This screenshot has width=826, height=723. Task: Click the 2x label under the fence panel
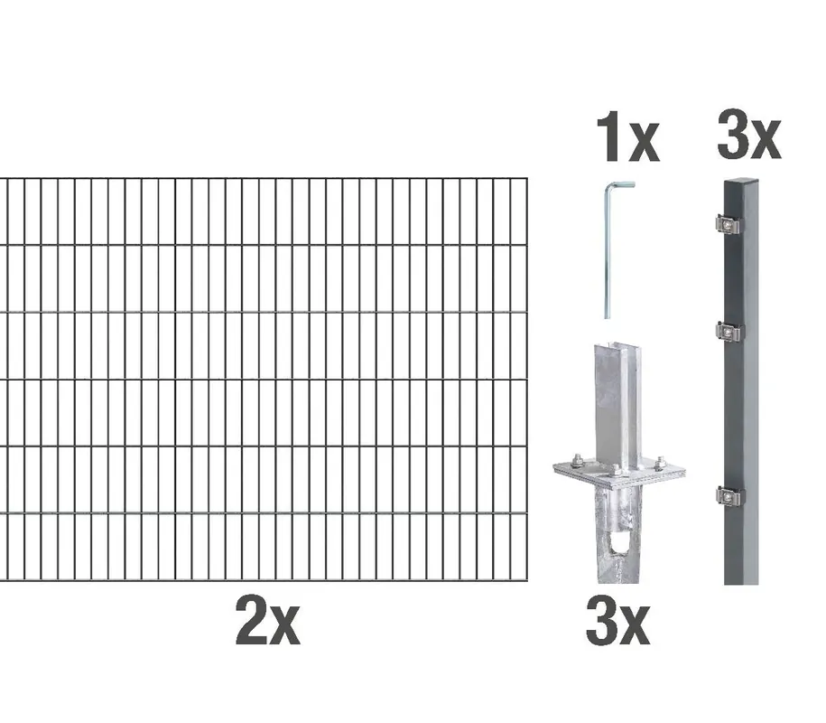point(267,620)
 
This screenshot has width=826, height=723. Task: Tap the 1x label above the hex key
point(628,136)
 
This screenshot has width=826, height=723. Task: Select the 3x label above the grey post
point(749,134)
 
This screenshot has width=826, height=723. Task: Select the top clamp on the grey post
point(729,225)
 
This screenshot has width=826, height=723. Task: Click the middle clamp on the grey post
point(729,333)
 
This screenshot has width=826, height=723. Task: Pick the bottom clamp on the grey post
point(729,496)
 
